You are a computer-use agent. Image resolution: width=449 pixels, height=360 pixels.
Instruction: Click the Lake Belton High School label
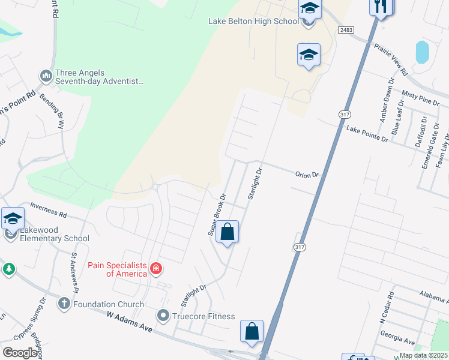(x=253, y=21)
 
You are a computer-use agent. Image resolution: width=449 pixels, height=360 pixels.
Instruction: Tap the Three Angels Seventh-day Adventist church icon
(x=46, y=76)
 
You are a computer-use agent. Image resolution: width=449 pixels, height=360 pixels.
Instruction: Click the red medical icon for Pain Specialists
(x=156, y=268)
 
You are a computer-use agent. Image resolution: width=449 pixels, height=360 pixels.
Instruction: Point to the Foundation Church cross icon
(x=64, y=304)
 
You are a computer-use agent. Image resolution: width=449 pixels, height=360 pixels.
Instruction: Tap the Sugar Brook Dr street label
(x=217, y=214)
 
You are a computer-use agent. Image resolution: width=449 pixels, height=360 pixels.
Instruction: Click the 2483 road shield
(x=346, y=29)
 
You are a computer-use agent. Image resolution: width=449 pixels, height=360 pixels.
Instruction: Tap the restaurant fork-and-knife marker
(x=381, y=7)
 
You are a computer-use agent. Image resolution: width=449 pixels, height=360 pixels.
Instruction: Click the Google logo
(x=20, y=352)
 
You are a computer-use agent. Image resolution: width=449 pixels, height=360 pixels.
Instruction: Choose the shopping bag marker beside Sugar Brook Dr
(x=228, y=231)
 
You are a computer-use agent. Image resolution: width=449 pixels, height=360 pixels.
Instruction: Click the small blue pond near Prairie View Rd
(x=423, y=52)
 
